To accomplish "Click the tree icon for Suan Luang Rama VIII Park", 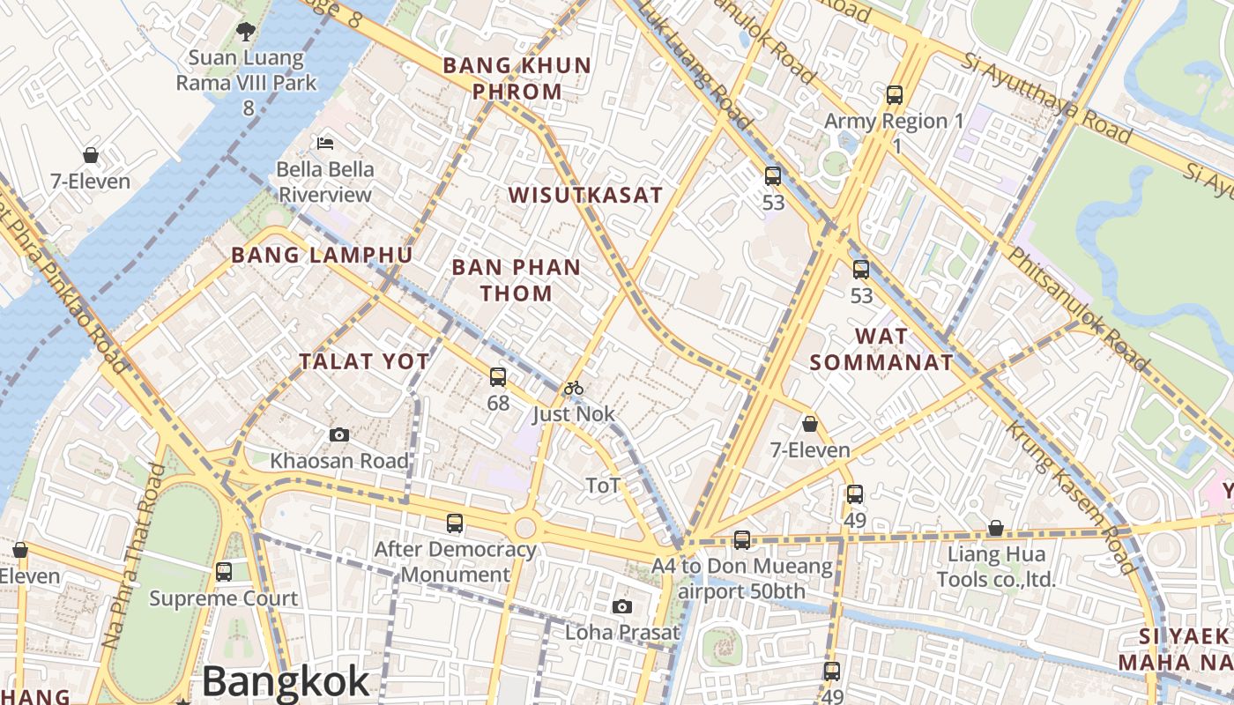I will click(246, 32).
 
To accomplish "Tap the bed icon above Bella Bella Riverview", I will click(324, 143).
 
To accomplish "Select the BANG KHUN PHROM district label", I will click(517, 78).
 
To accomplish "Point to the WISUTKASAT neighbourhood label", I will click(585, 196).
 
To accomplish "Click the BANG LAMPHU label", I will click(322, 256).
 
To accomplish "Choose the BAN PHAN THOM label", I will click(517, 280).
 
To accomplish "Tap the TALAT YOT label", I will click(364, 361).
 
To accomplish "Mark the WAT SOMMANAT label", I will click(881, 349).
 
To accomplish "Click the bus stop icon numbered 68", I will click(498, 377).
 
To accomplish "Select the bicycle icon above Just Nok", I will click(574, 388).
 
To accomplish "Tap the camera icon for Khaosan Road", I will click(338, 434).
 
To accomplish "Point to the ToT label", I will click(603, 485).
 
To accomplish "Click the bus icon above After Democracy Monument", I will click(455, 523).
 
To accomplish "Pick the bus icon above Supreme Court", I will click(224, 571).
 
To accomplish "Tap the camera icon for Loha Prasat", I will click(622, 606).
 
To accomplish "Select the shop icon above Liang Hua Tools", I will click(995, 528).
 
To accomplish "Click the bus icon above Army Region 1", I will click(895, 94).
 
